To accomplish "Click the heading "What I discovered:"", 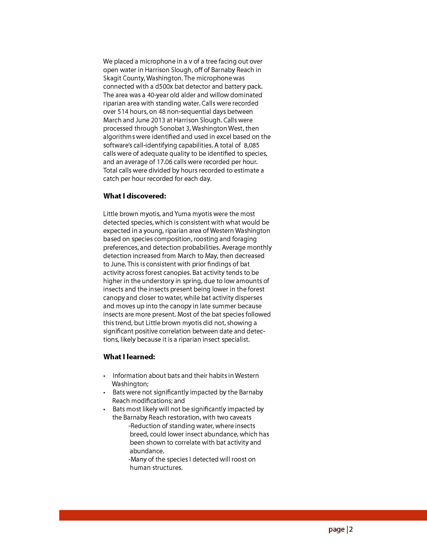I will tap(134, 196).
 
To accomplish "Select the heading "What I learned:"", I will tap(129, 357).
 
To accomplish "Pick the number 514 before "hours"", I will tap(124, 112).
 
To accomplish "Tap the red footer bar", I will tap(243, 515).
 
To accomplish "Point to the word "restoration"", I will tap(186, 417).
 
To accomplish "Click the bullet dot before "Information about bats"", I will tap(104, 376).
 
